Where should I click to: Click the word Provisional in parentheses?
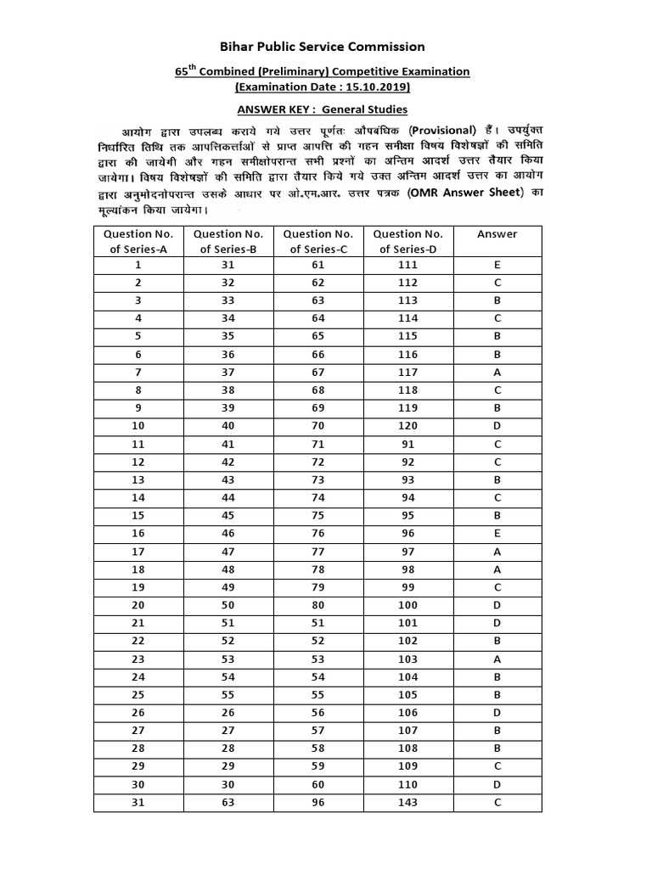pos(441,130)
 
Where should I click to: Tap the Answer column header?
pos(497,234)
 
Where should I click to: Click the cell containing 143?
pos(407,803)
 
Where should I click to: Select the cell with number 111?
pos(407,265)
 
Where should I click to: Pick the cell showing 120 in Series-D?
pos(407,426)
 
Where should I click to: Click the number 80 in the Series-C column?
pos(318,605)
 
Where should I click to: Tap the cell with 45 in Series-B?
pos(228,515)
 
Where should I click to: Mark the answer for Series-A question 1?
pos(497,265)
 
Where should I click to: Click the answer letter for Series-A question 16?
pos(497,534)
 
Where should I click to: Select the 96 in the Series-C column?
pos(318,803)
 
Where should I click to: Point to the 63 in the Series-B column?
pos(228,803)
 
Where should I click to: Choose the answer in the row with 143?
pos(497,803)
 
